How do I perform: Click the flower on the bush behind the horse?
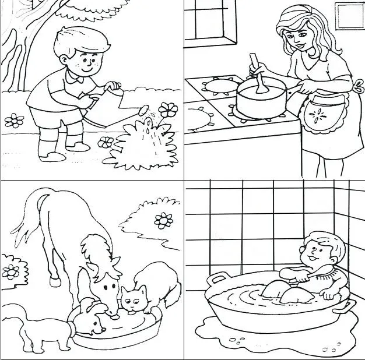pyautogui.click(x=163, y=220)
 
